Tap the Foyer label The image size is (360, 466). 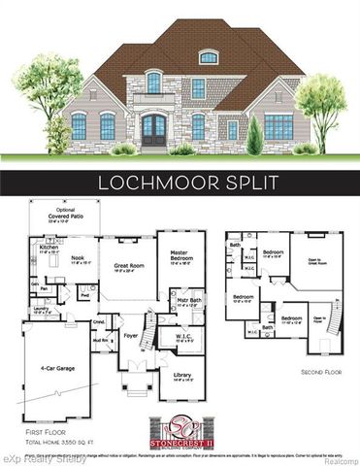click(x=133, y=340)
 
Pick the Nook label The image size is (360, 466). click(x=79, y=258)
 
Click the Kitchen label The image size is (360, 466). click(x=49, y=249)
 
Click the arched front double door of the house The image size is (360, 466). click(x=153, y=129)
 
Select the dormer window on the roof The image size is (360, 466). click(x=208, y=58)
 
